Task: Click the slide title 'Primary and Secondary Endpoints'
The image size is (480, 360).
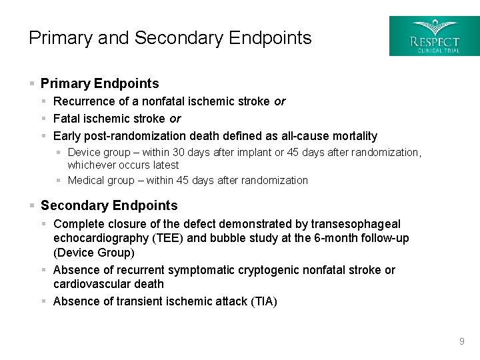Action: [170, 38]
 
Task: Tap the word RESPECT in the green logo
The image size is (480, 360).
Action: [435, 41]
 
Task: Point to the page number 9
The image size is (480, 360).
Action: [461, 342]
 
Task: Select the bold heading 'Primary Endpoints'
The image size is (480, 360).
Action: [100, 83]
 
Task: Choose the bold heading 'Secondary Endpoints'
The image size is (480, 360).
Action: [109, 205]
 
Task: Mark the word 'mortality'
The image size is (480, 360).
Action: [351, 136]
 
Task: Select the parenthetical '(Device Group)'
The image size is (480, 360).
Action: [94, 253]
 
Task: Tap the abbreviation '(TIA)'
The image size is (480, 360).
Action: [263, 301]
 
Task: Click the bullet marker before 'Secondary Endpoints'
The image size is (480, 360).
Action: [31, 206]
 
